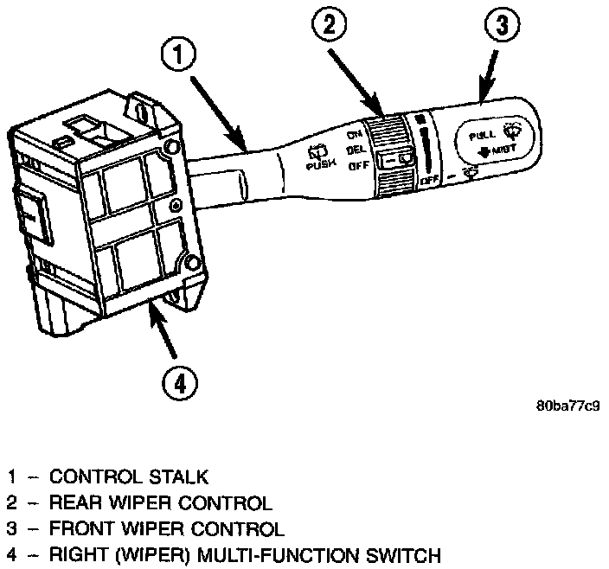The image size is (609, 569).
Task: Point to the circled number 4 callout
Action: tap(176, 381)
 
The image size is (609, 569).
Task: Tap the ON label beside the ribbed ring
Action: tap(353, 135)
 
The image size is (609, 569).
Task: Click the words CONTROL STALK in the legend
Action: tap(129, 476)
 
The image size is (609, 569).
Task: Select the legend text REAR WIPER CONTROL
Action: tap(161, 502)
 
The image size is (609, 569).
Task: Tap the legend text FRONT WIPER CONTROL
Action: tap(166, 527)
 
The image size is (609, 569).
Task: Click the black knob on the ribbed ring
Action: tap(400, 159)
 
